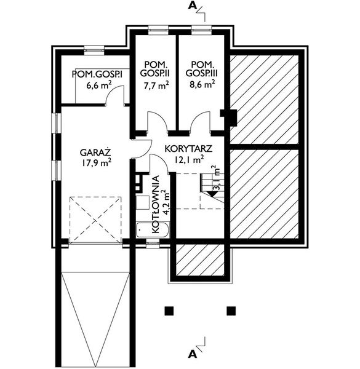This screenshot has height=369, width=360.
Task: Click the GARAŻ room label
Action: coord(95,152)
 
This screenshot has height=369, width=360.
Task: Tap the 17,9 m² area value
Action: coord(96,162)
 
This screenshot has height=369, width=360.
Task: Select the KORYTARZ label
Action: coord(188,149)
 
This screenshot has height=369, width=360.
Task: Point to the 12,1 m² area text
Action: coord(189,159)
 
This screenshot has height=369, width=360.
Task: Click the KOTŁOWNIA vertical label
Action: coord(156,204)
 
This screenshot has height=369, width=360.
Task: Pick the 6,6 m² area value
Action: coord(99,85)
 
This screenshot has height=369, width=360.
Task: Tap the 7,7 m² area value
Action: coord(156,85)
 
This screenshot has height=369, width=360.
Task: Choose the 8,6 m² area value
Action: coord(202,84)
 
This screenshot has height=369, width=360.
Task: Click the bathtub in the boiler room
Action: coord(153,229)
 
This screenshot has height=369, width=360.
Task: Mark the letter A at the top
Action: coord(193,6)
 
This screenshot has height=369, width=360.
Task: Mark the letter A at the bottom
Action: coord(193,354)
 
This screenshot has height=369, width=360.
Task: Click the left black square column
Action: coord(169,311)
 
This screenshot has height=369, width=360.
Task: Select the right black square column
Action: coord(231,311)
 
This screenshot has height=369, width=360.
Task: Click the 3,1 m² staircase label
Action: coord(216,178)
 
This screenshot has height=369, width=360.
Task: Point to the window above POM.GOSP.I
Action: coord(94,50)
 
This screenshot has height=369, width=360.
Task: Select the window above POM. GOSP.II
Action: coord(158,30)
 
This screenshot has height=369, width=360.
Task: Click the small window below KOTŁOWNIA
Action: coord(153,244)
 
